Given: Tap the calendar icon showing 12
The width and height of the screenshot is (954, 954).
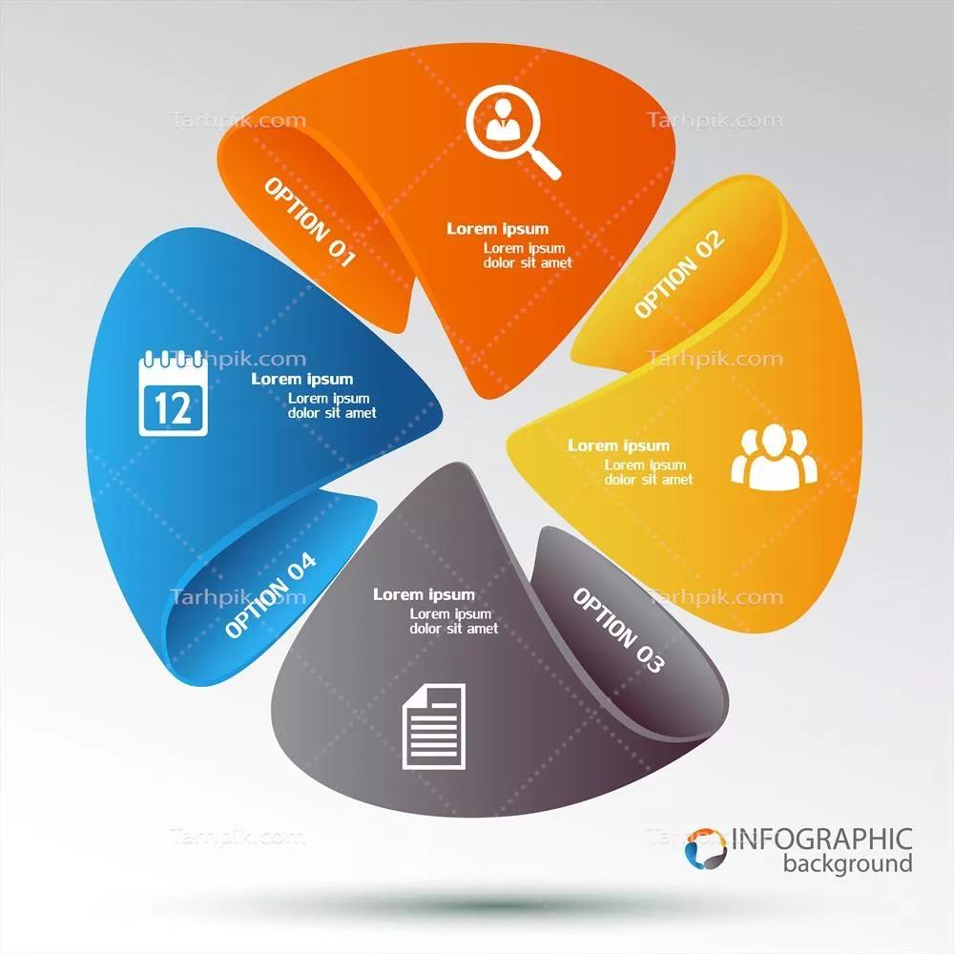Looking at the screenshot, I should coord(173,394).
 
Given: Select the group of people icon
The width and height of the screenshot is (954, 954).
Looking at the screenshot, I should coord(775,457).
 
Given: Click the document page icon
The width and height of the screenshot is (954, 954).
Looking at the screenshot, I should coord(434,726).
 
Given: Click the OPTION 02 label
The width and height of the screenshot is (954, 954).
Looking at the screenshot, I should coord(679,275).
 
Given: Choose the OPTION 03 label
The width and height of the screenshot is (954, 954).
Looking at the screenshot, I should coord(617,631).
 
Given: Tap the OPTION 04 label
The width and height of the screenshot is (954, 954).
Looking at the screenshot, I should coord(271,595).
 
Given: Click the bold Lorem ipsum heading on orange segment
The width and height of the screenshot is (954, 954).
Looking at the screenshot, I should coord(498,229).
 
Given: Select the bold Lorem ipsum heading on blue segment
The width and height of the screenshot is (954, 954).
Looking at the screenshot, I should coord(302,379).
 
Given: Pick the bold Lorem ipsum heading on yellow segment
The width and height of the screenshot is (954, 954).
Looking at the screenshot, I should coord(619,446).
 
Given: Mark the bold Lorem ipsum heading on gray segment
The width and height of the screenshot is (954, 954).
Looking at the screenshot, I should coord(424,594).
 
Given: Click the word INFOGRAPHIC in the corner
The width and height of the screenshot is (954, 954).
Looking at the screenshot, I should coord(821,840).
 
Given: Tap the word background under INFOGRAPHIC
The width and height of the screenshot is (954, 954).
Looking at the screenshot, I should coord(847,865).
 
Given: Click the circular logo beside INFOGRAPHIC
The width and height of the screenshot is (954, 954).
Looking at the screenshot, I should coord(706,848).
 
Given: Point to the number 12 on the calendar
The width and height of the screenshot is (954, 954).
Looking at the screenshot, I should coord(173,408).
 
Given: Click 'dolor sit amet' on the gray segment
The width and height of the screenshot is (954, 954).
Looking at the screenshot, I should coord(454,629).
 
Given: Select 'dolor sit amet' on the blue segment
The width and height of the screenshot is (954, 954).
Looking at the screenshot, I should coord(332,413).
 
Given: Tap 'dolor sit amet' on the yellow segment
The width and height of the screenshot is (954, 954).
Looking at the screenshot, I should coord(649,480).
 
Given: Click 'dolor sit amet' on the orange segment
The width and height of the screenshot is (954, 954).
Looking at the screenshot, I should coord(528,262).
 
